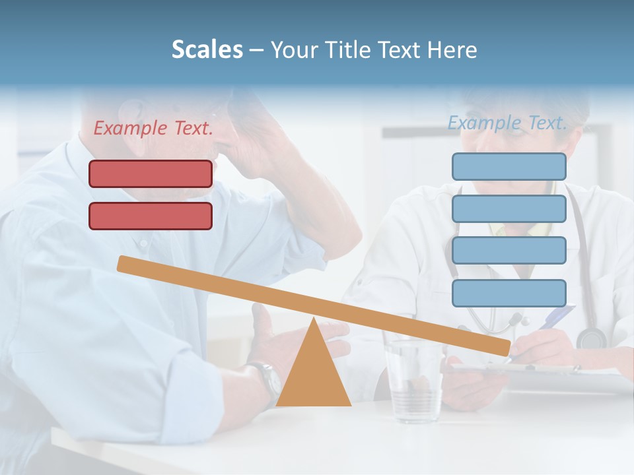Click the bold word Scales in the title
click(207, 49)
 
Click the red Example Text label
click(153, 129)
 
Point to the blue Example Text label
click(507, 123)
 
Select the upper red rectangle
click(151, 174)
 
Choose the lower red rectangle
click(151, 216)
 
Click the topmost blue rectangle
click(509, 166)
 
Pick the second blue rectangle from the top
click(509, 208)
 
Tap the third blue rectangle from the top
click(509, 250)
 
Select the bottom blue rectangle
click(509, 293)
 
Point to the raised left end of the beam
click(123, 263)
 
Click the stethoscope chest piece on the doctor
click(591, 338)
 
